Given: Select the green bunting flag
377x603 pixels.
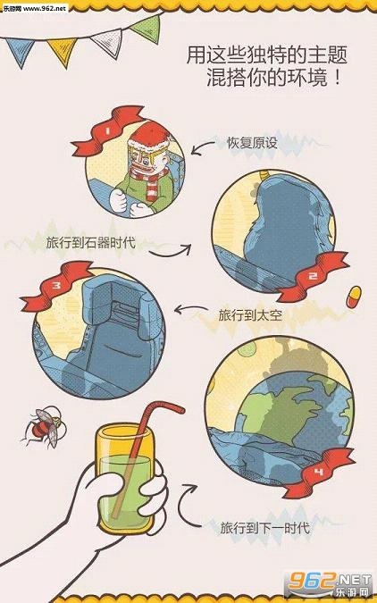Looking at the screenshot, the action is click(x=147, y=29).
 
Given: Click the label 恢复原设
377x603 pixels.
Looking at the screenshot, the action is click(x=252, y=143).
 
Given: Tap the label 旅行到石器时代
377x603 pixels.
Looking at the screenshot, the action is click(x=91, y=243).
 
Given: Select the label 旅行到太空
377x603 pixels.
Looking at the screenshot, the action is click(x=250, y=315).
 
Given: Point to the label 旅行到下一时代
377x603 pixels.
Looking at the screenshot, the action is click(x=265, y=527).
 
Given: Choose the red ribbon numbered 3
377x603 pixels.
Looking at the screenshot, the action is click(x=57, y=285).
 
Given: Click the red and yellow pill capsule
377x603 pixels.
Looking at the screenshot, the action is click(x=354, y=297).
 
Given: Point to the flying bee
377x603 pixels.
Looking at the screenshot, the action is click(x=46, y=427).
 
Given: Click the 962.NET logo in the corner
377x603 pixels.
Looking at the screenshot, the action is click(x=330, y=584).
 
